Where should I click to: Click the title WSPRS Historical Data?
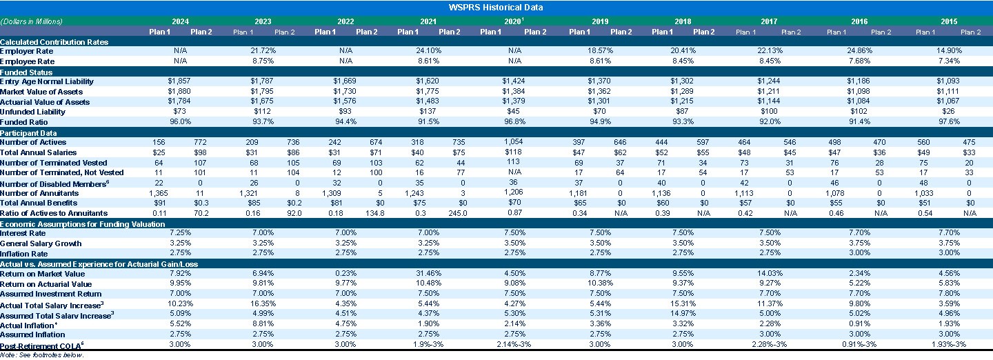point(496,8)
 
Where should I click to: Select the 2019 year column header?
point(599,21)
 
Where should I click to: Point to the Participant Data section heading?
point(29,132)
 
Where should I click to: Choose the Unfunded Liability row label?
point(32,112)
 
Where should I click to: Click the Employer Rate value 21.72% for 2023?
point(263,51)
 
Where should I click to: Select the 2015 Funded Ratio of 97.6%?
point(949,122)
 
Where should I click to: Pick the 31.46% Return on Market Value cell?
point(428,273)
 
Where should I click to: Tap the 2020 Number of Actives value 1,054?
point(514,142)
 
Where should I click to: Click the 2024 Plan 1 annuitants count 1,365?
point(159,193)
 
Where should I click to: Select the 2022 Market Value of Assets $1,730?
point(345,92)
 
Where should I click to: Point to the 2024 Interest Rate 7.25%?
point(179,233)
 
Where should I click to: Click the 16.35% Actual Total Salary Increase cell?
point(263,304)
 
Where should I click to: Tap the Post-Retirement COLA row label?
point(41,344)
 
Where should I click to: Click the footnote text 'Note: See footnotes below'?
point(42,354)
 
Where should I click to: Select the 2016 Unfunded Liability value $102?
point(859,112)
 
